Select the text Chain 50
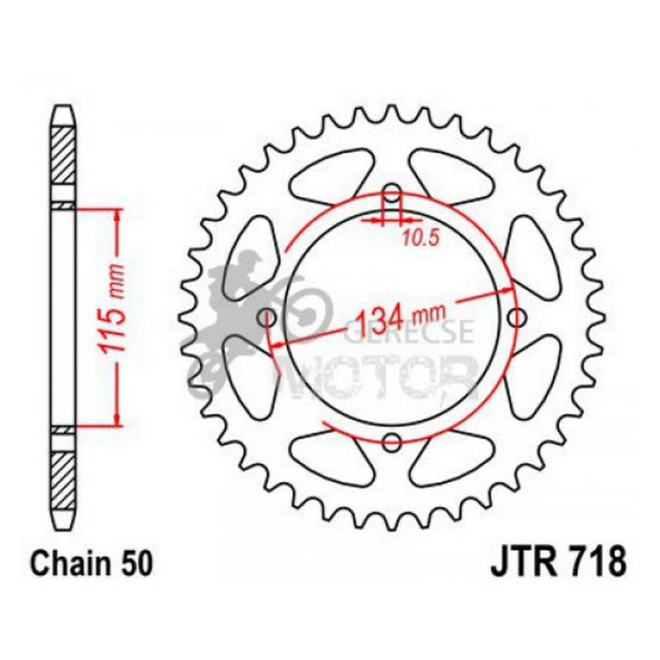[x=93, y=565]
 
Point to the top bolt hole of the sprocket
[x=392, y=192]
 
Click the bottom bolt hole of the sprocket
[x=393, y=442]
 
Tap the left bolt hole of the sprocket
[x=267, y=318]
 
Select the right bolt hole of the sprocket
[x=517, y=318]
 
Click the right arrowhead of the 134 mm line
[x=506, y=293]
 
